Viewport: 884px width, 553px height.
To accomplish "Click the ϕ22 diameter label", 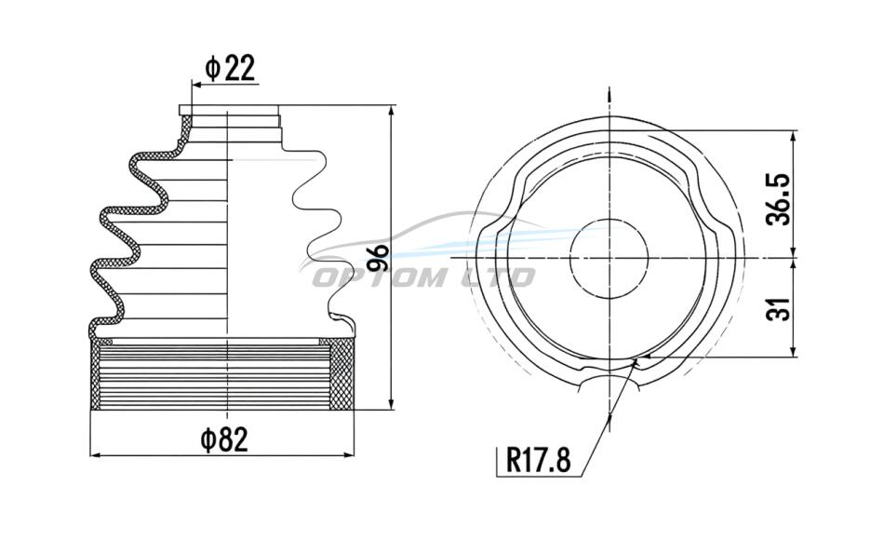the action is pos(231,68).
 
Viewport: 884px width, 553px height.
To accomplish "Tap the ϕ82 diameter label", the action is pos(224,439).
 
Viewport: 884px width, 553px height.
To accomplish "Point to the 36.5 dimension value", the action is pos(780,199).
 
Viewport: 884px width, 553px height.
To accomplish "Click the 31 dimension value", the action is pos(780,308).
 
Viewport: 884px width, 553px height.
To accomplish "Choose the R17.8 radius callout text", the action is pos(539,459).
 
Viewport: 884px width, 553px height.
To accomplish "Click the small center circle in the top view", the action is pos(609,258).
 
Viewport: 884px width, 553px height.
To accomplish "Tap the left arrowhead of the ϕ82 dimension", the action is pos(97,455).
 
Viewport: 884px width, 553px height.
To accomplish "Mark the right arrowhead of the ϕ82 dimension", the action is pos(348,455).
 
